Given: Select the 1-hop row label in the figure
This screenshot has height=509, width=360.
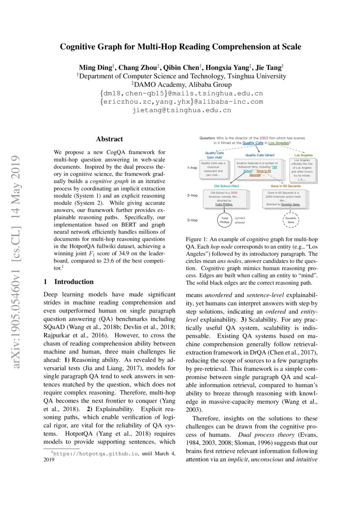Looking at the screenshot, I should click(x=192, y=167).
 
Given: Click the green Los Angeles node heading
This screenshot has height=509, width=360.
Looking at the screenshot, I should click(x=303, y=155).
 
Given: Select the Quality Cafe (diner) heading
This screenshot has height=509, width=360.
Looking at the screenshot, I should click(x=257, y=155).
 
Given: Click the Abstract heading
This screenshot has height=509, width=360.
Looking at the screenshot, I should click(x=109, y=139).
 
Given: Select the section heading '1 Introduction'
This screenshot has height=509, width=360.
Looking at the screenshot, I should click(x=69, y=281).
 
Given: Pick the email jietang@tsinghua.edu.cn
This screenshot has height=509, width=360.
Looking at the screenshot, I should click(x=182, y=110).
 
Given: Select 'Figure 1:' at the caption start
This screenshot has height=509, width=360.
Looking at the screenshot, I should click(x=198, y=239).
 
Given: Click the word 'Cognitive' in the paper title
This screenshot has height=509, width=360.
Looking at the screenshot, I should click(x=81, y=46).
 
